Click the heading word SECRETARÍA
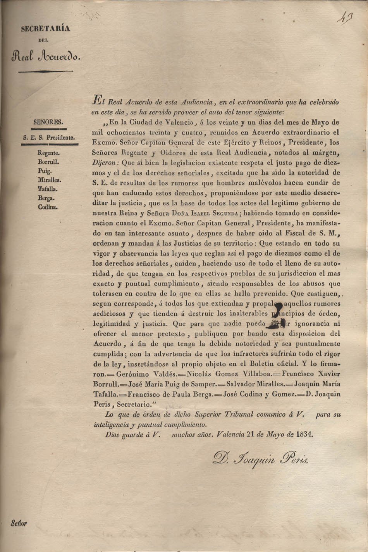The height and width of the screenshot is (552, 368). [x=45, y=28]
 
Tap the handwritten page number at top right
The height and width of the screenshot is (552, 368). [x=342, y=18]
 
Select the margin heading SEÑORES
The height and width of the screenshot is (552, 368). [x=48, y=122]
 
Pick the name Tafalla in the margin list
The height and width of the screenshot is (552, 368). [x=48, y=189]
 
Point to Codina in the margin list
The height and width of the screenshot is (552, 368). [x=48, y=207]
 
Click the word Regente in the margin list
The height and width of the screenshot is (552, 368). [x=49, y=153]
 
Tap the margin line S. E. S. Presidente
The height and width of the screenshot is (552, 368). [x=48, y=137]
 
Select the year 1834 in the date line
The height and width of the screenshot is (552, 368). [x=304, y=434]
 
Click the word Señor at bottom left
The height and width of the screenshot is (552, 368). [x=19, y=523]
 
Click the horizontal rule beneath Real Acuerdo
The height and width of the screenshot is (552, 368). [x=45, y=72]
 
